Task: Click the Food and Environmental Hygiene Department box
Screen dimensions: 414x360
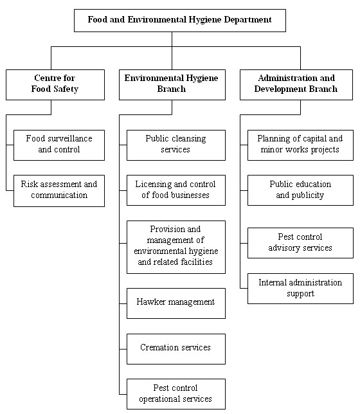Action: (x=179, y=20)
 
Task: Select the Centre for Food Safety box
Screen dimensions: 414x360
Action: (x=55, y=84)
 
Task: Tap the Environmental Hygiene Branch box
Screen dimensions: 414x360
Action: (x=172, y=84)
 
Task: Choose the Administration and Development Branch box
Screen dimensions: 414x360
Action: (x=296, y=84)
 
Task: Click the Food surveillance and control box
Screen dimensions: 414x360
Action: (x=59, y=145)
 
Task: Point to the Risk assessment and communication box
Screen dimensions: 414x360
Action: (x=59, y=190)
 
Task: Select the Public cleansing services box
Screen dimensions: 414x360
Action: (x=175, y=145)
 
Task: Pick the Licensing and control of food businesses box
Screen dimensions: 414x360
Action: (x=175, y=190)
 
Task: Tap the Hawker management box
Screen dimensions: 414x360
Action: (x=175, y=302)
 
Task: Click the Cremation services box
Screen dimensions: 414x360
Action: (x=175, y=348)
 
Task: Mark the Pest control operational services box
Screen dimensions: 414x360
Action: (x=175, y=394)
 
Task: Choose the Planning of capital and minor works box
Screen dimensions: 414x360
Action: (x=300, y=145)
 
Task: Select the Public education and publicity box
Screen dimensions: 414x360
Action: (x=300, y=190)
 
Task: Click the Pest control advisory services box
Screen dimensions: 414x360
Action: (x=300, y=243)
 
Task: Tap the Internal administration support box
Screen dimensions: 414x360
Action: (x=300, y=289)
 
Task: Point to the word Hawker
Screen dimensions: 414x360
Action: (x=152, y=302)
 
